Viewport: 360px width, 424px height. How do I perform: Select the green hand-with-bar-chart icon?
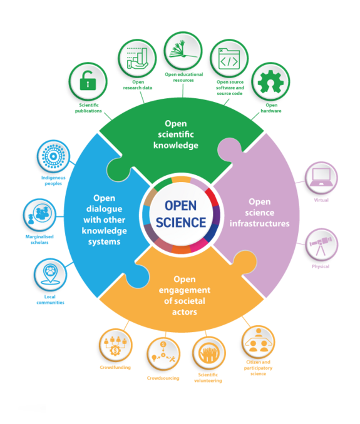click(x=137, y=58)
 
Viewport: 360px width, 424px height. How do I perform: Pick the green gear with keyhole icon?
click(x=271, y=85)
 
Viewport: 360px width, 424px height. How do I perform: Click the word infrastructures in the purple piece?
click(x=259, y=223)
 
